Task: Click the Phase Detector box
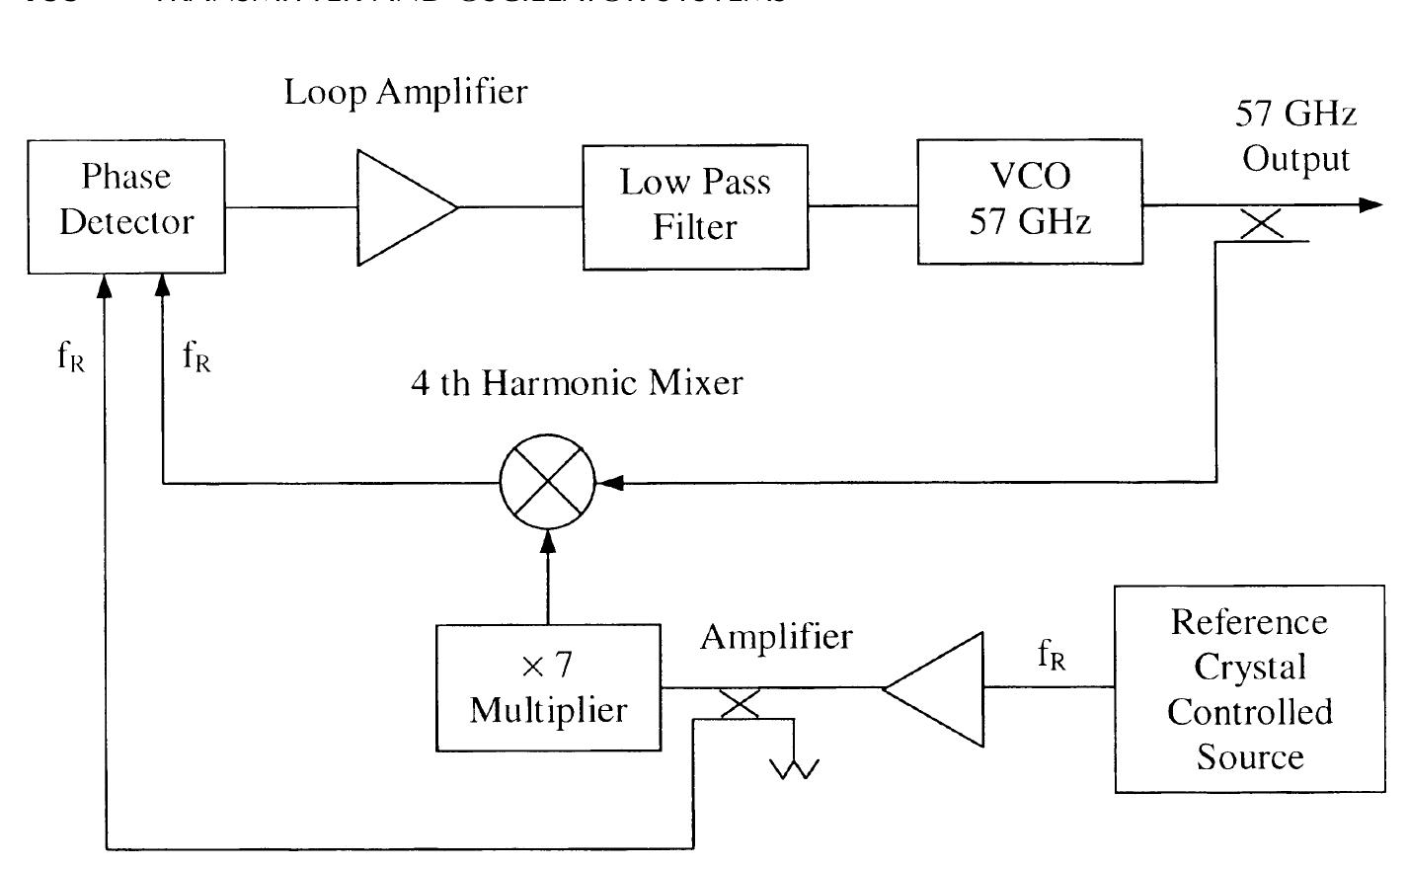(126, 206)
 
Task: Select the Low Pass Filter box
(695, 206)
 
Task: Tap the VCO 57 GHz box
(1030, 201)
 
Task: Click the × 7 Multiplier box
(548, 687)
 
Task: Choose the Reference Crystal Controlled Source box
(1249, 688)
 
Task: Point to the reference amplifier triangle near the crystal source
(938, 687)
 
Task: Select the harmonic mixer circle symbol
(547, 483)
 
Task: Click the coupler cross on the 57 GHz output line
(1261, 224)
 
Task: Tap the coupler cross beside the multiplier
(740, 703)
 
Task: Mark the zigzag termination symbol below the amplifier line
(794, 766)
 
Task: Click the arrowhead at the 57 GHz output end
(1370, 205)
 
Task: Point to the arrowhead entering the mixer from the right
(611, 483)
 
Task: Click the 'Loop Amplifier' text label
(406, 92)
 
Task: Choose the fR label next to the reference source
(1052, 654)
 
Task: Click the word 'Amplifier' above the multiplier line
(775, 637)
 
